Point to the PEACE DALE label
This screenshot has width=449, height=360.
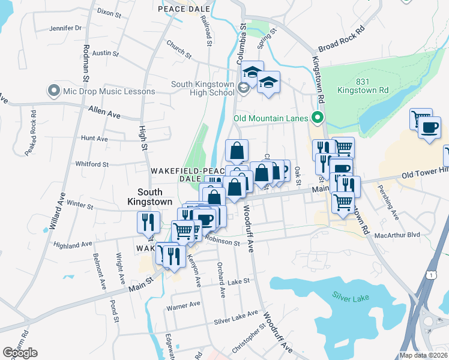click(184, 10)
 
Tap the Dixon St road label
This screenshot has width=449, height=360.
click(109, 11)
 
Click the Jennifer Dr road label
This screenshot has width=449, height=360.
click(65, 28)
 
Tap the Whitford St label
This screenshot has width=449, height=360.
click(92, 164)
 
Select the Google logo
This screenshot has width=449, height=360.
click(20, 353)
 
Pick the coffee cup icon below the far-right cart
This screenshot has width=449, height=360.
click(429, 129)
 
